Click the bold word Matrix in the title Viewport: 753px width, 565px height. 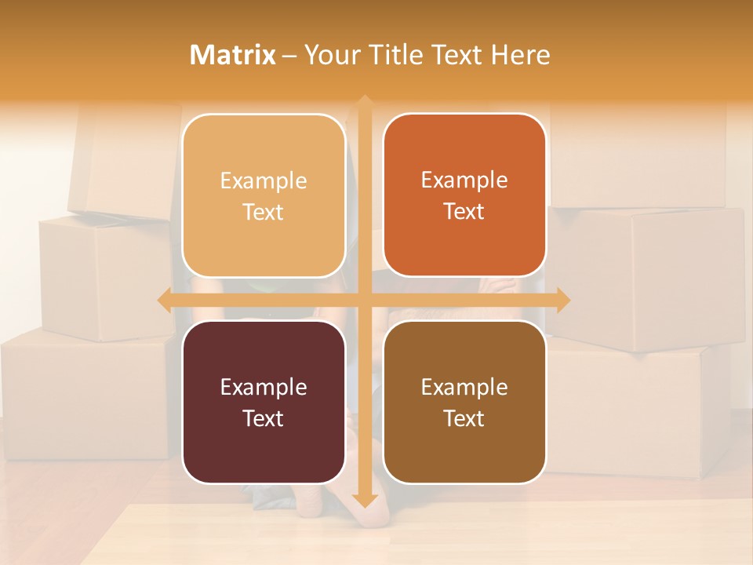[233, 55]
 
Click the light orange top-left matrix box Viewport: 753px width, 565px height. [264, 195]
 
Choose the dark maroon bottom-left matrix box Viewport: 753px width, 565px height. [264, 402]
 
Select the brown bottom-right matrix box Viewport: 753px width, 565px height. [464, 402]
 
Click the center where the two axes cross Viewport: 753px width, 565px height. [364, 300]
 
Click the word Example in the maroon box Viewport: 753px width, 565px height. [264, 387]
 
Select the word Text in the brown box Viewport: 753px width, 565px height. [464, 418]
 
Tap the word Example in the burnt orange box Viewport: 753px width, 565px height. [464, 180]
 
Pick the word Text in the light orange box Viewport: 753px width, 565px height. [264, 212]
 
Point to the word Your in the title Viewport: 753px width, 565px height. [330, 55]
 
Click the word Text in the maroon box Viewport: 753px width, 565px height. [264, 418]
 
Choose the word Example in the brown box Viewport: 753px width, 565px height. [464, 387]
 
